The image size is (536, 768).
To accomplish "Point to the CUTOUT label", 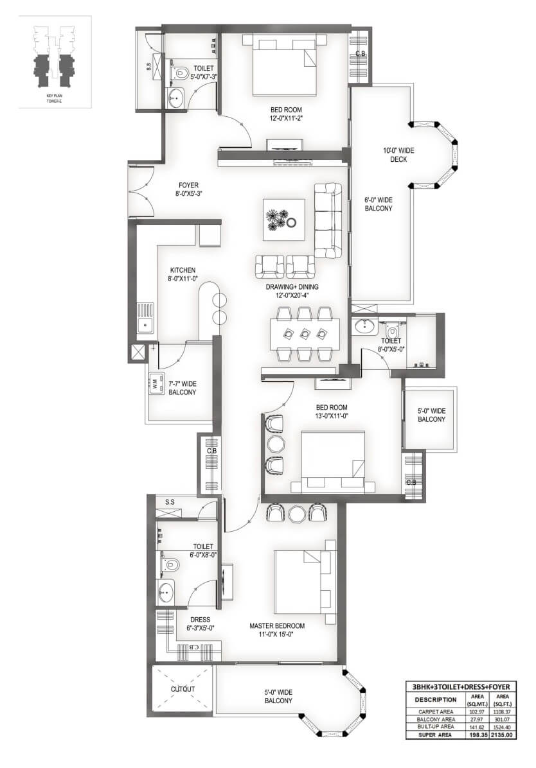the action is click(x=183, y=688).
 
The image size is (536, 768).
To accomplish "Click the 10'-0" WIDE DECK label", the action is click(x=398, y=155).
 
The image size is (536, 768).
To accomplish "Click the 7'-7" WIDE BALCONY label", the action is click(x=182, y=388).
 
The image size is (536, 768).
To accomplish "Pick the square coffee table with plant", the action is click(x=283, y=220).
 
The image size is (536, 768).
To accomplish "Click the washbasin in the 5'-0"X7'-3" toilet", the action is click(x=175, y=99).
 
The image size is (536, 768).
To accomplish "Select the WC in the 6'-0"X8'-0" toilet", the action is click(x=168, y=564).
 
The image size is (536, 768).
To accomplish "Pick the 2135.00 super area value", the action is click(x=502, y=735).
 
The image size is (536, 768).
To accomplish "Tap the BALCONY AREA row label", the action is click(x=436, y=719).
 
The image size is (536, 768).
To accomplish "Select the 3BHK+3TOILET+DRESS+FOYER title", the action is click(x=461, y=686).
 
